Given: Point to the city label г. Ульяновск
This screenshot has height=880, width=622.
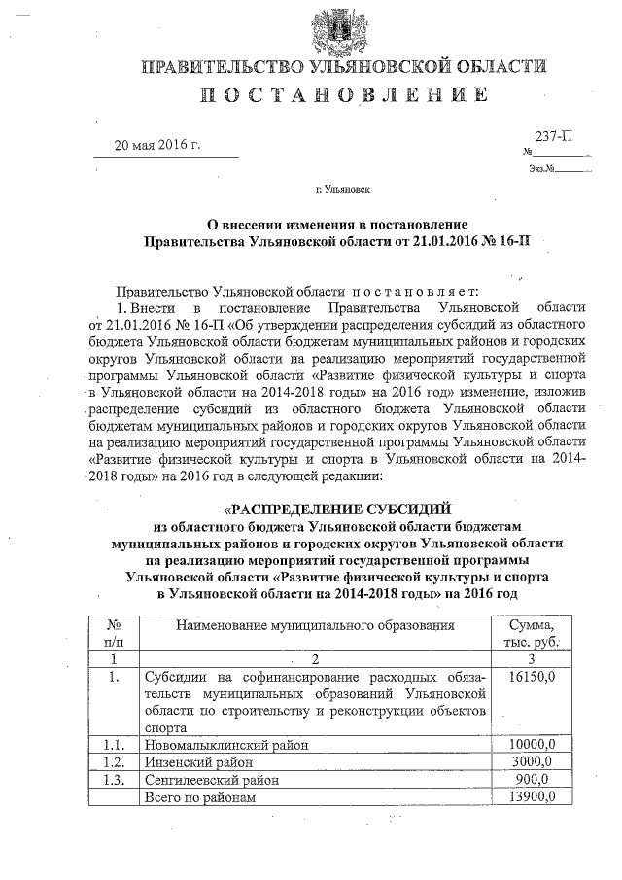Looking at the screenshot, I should coord(343,190).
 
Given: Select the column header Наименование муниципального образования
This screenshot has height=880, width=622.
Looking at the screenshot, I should coord(315,625).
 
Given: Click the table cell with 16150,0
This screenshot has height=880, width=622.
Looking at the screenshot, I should coord(532,676).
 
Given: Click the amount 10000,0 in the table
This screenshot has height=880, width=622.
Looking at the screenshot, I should coord(532,744).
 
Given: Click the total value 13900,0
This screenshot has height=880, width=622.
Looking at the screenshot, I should coord(532,797).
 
